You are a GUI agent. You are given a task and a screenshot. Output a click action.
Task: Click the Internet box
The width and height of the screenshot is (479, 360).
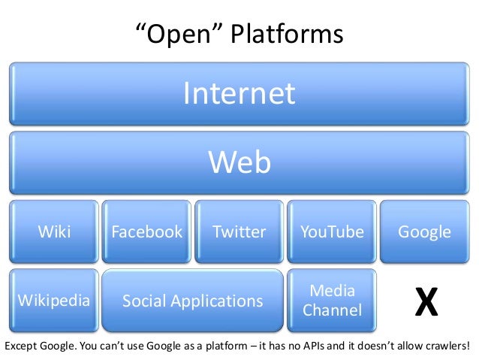point(239,95)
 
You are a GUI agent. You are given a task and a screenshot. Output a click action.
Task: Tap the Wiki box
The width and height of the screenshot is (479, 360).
point(54,231)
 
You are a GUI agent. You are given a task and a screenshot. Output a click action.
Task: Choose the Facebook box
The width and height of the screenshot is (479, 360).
point(146,231)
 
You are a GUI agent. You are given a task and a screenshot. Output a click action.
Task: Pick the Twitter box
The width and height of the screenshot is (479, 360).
point(239,231)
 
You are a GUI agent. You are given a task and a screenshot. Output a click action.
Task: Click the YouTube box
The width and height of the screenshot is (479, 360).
point(332,231)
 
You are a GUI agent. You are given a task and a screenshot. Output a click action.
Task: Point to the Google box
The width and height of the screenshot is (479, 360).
point(424,231)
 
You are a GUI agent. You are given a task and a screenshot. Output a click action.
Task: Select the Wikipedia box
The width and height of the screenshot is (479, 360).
point(54,301)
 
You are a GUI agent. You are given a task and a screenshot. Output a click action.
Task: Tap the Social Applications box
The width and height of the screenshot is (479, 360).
point(193,301)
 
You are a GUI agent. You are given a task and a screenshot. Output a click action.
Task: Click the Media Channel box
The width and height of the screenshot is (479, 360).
point(332,301)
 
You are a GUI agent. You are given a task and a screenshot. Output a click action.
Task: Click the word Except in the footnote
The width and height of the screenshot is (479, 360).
point(22,346)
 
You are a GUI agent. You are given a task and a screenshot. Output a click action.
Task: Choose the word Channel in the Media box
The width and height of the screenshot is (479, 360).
point(332,310)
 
